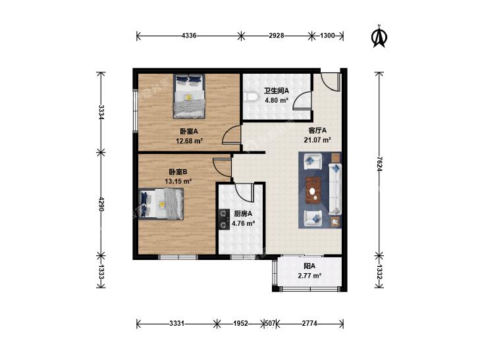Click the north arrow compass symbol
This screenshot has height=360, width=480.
pos(379,36)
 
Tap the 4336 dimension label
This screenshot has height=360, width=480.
pos(189,36)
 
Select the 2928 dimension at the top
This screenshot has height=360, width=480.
pos(276,36)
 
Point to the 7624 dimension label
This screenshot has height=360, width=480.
pos(379,164)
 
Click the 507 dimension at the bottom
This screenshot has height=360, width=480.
pos(270,323)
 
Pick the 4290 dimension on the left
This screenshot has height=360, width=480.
pos(101,204)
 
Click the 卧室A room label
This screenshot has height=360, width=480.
pos(189,132)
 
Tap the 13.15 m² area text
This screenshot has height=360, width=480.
pos(178,181)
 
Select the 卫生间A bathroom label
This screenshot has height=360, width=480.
pos(277,91)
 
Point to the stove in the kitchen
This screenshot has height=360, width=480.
pos(224,219)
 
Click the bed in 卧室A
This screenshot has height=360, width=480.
pos(189,96)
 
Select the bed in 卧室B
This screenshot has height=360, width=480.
pos(161,204)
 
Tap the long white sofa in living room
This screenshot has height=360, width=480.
pos(335,189)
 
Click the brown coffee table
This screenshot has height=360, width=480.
pos(313,190)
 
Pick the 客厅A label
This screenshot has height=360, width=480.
pos(317,130)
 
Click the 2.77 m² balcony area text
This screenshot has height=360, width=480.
pos(309,276)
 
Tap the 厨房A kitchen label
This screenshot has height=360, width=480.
pos(243,214)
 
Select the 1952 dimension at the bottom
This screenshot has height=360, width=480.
pos(240,323)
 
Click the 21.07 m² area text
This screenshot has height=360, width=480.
pos(317,140)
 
